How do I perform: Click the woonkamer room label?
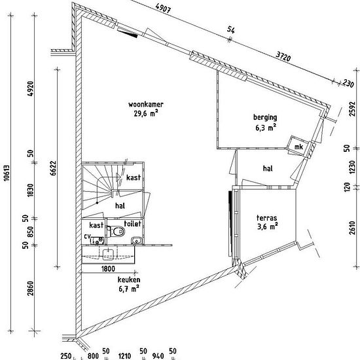click(146, 105)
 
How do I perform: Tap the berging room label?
click(265, 118)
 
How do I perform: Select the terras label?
click(267, 218)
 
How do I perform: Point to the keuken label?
click(129, 279)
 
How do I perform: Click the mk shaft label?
click(298, 147)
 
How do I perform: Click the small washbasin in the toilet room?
click(137, 241)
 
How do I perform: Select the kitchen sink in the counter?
click(108, 255)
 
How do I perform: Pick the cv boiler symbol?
click(98, 241)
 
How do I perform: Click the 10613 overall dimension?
click(7, 173)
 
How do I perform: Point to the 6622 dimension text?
click(53, 168)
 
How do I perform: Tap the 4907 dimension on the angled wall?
click(163, 9)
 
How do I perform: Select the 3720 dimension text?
click(283, 56)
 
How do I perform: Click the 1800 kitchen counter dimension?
click(108, 268)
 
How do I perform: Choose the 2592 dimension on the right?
click(352, 109)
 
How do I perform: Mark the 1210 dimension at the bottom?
click(125, 356)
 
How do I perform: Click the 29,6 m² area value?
click(146, 113)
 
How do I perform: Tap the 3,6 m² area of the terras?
click(268, 226)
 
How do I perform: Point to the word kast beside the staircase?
click(134, 177)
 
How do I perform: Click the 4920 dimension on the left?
click(30, 88)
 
